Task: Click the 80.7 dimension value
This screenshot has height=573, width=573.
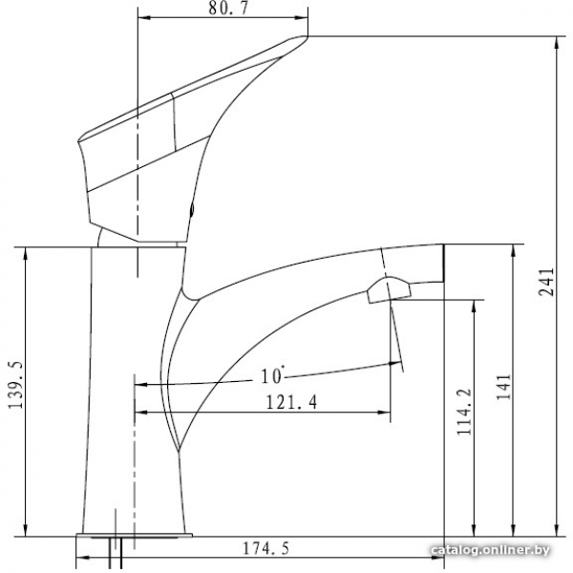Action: click(x=228, y=9)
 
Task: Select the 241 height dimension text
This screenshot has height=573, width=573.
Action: click(x=546, y=282)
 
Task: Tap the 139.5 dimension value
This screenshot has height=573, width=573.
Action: click(x=16, y=385)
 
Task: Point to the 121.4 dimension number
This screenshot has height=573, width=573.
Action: click(x=291, y=402)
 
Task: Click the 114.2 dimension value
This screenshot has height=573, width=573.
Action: click(x=465, y=412)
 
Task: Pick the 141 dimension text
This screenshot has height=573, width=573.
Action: click(x=503, y=387)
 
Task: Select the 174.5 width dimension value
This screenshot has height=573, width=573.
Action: click(x=265, y=548)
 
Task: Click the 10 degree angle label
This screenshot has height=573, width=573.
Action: click(x=272, y=375)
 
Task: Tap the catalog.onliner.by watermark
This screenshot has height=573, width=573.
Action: click(x=491, y=549)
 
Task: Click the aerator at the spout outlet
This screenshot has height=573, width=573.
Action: click(x=388, y=290)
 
